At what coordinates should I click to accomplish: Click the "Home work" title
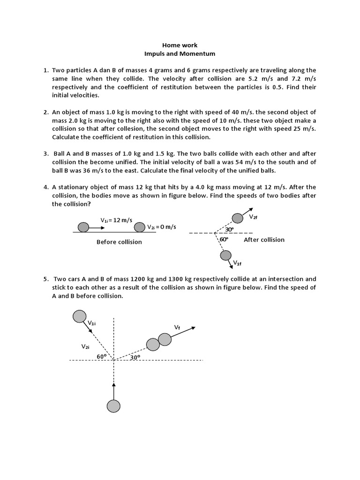180,45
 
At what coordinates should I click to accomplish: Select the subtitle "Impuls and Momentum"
180,54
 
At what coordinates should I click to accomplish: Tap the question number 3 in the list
46,154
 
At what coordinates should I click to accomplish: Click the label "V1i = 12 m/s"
116,220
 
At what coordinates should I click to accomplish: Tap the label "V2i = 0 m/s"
162,227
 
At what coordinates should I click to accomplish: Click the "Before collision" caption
119,242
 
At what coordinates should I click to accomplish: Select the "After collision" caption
264,240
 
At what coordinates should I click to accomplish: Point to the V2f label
253,217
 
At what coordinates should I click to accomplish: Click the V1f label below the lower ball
237,263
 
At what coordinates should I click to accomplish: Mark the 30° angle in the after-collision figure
229,230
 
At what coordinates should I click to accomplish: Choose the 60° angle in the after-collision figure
224,240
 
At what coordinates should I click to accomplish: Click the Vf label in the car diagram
177,327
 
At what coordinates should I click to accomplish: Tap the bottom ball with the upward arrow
113,405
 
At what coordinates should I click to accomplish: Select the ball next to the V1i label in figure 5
80,316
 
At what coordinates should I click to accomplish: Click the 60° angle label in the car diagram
101,357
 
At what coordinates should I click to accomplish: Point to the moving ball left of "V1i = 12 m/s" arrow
83,227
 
